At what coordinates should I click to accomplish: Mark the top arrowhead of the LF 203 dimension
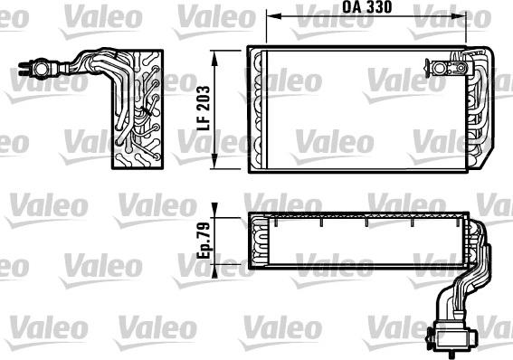(215, 55)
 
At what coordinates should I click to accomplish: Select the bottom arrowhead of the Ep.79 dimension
(215, 268)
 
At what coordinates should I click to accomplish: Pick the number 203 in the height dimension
(205, 99)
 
